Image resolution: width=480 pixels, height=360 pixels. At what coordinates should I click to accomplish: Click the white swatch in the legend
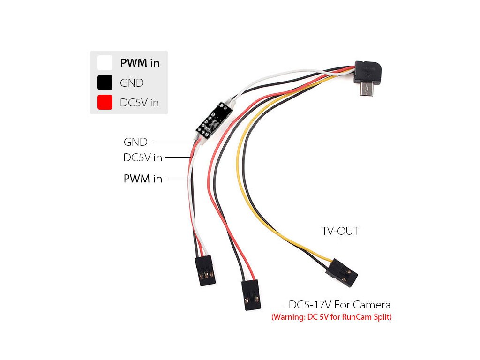coord(105,63)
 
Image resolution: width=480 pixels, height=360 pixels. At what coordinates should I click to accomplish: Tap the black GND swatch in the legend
coord(105,82)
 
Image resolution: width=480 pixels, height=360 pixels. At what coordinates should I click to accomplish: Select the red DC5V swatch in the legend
coord(105,102)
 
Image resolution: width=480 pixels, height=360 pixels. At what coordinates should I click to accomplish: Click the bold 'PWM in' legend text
coord(140,63)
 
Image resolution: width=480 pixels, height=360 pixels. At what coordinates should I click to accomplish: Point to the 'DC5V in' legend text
coord(139,103)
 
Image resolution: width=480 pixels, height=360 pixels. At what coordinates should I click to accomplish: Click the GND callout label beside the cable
coord(135,142)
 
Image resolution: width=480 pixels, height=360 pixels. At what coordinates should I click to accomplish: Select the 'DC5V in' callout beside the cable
coord(142,158)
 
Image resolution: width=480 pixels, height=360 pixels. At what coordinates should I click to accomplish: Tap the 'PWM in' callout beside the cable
coord(142,179)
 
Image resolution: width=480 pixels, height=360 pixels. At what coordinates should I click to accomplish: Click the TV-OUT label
coord(340,231)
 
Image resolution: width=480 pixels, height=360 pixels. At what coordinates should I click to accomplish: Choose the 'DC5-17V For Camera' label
coord(339,305)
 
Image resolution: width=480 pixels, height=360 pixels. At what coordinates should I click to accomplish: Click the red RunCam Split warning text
coord(331,317)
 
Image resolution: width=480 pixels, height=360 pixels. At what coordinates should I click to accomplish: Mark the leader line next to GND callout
coord(173,142)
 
